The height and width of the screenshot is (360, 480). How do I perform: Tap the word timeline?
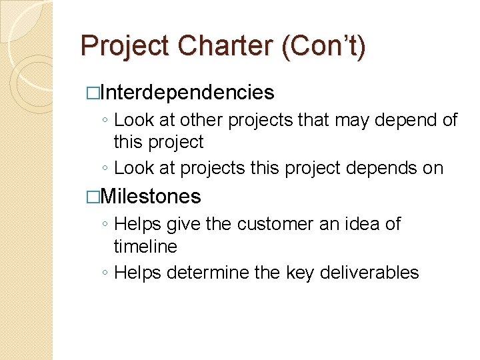click(145, 247)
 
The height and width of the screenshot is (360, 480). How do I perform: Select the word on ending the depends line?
click(433, 168)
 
